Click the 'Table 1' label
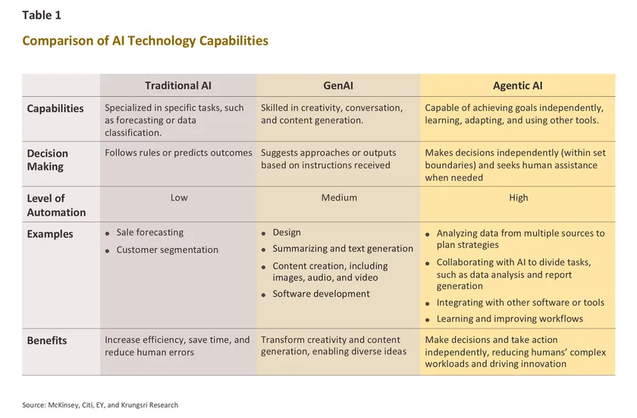[x=42, y=15]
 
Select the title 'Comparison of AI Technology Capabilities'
[x=145, y=41]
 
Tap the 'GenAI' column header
[x=338, y=86]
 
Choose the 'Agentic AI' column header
[x=517, y=86]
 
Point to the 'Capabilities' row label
[x=55, y=108]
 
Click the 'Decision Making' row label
[x=47, y=160]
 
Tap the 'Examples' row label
[x=50, y=234]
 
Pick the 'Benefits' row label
[x=47, y=341]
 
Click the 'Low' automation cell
[x=179, y=198]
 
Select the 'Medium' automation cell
[x=339, y=198]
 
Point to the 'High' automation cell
[x=519, y=198]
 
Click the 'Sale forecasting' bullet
[x=149, y=232]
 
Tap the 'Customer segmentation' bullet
[x=167, y=250]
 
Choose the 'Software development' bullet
[x=321, y=294]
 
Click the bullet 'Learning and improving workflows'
[x=510, y=319]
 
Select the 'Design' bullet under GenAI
[x=287, y=232]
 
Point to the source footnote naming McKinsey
[x=100, y=405]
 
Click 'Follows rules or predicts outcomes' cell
[x=178, y=152]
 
